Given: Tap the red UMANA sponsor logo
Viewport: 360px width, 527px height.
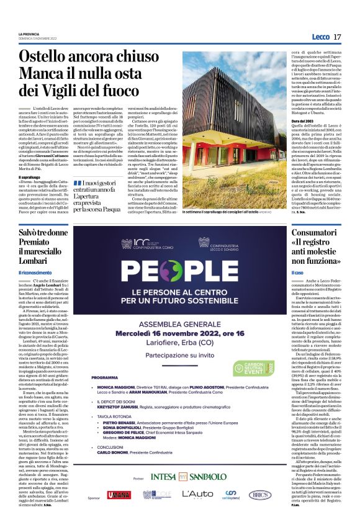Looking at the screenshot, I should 118,495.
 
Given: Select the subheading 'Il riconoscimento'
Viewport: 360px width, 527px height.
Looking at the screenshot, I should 34,273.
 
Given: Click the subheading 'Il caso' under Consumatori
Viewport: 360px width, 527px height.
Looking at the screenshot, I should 298,273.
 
